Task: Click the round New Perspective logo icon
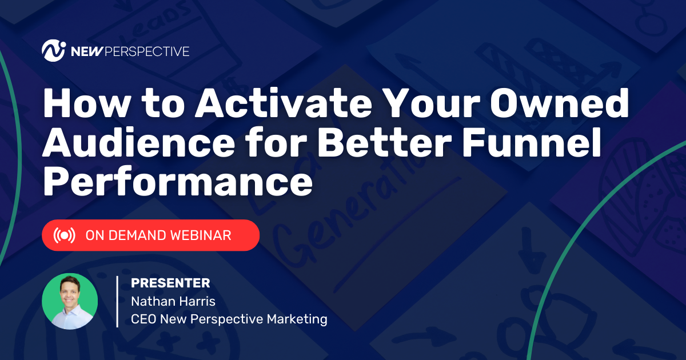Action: (x=54, y=50)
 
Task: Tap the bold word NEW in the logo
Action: (x=86, y=51)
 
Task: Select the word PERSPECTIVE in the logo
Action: (x=147, y=51)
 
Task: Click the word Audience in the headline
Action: (x=138, y=143)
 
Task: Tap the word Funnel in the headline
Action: (x=531, y=143)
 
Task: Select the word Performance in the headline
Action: (x=178, y=181)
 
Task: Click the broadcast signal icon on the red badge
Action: (x=64, y=235)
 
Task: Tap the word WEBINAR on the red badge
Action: (x=201, y=235)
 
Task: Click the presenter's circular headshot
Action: (x=70, y=301)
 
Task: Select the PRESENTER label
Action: (x=170, y=283)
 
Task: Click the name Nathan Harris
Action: (x=173, y=302)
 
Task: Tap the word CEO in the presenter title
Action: (x=143, y=319)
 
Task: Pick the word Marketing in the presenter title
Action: (x=297, y=319)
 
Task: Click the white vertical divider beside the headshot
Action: (x=117, y=302)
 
